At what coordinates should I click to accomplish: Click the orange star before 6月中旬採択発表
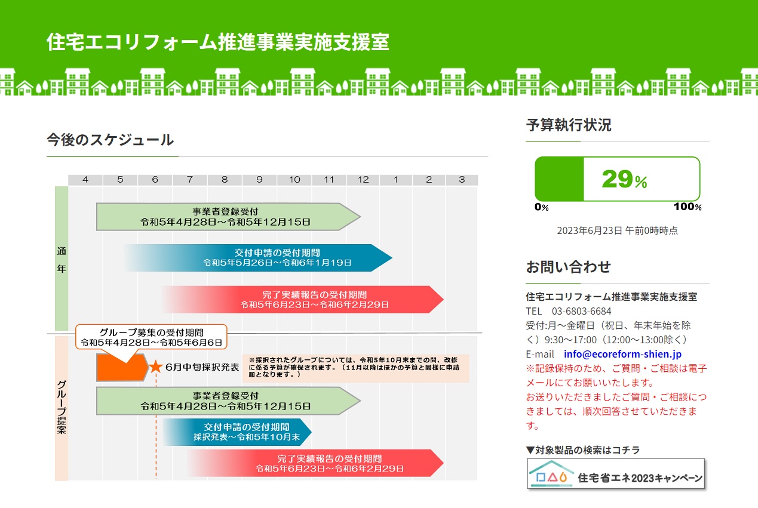click(156, 367)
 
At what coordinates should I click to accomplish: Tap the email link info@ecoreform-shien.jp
click(622, 354)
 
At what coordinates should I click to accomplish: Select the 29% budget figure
click(624, 179)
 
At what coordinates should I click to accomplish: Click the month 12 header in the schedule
click(363, 180)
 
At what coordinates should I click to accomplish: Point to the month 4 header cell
click(85, 180)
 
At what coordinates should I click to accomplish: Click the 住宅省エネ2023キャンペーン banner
click(616, 474)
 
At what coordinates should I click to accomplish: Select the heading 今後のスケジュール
click(111, 140)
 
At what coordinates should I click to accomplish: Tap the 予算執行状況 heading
click(569, 125)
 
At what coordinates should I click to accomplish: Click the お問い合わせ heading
click(568, 266)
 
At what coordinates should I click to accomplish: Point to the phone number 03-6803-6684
click(581, 311)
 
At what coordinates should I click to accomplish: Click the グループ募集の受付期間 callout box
click(151, 337)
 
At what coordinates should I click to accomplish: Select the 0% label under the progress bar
click(541, 207)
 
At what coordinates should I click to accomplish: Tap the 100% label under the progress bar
click(688, 207)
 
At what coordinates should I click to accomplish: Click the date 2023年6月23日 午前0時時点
click(617, 230)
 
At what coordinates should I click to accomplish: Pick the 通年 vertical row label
click(62, 260)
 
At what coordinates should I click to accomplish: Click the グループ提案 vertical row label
click(62, 407)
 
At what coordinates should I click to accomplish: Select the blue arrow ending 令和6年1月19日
click(259, 258)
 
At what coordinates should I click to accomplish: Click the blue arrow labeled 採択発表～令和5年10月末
click(237, 432)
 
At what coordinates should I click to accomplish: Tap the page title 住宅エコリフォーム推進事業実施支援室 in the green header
click(217, 42)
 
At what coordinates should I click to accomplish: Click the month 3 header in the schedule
click(462, 180)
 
